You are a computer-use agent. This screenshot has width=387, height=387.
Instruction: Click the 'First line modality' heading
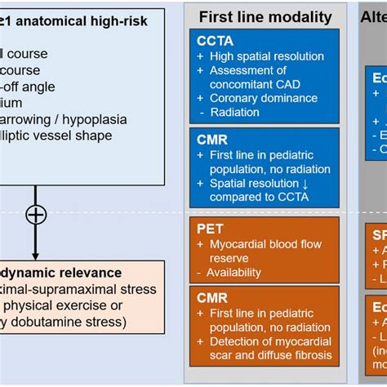coord(265,16)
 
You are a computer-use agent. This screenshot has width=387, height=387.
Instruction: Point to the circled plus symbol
coord(35,215)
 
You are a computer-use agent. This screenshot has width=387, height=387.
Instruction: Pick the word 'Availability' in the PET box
coord(238,272)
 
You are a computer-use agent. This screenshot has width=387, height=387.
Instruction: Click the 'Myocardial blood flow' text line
coord(265,244)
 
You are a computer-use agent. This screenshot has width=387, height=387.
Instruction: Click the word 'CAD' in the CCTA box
coord(295,84)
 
